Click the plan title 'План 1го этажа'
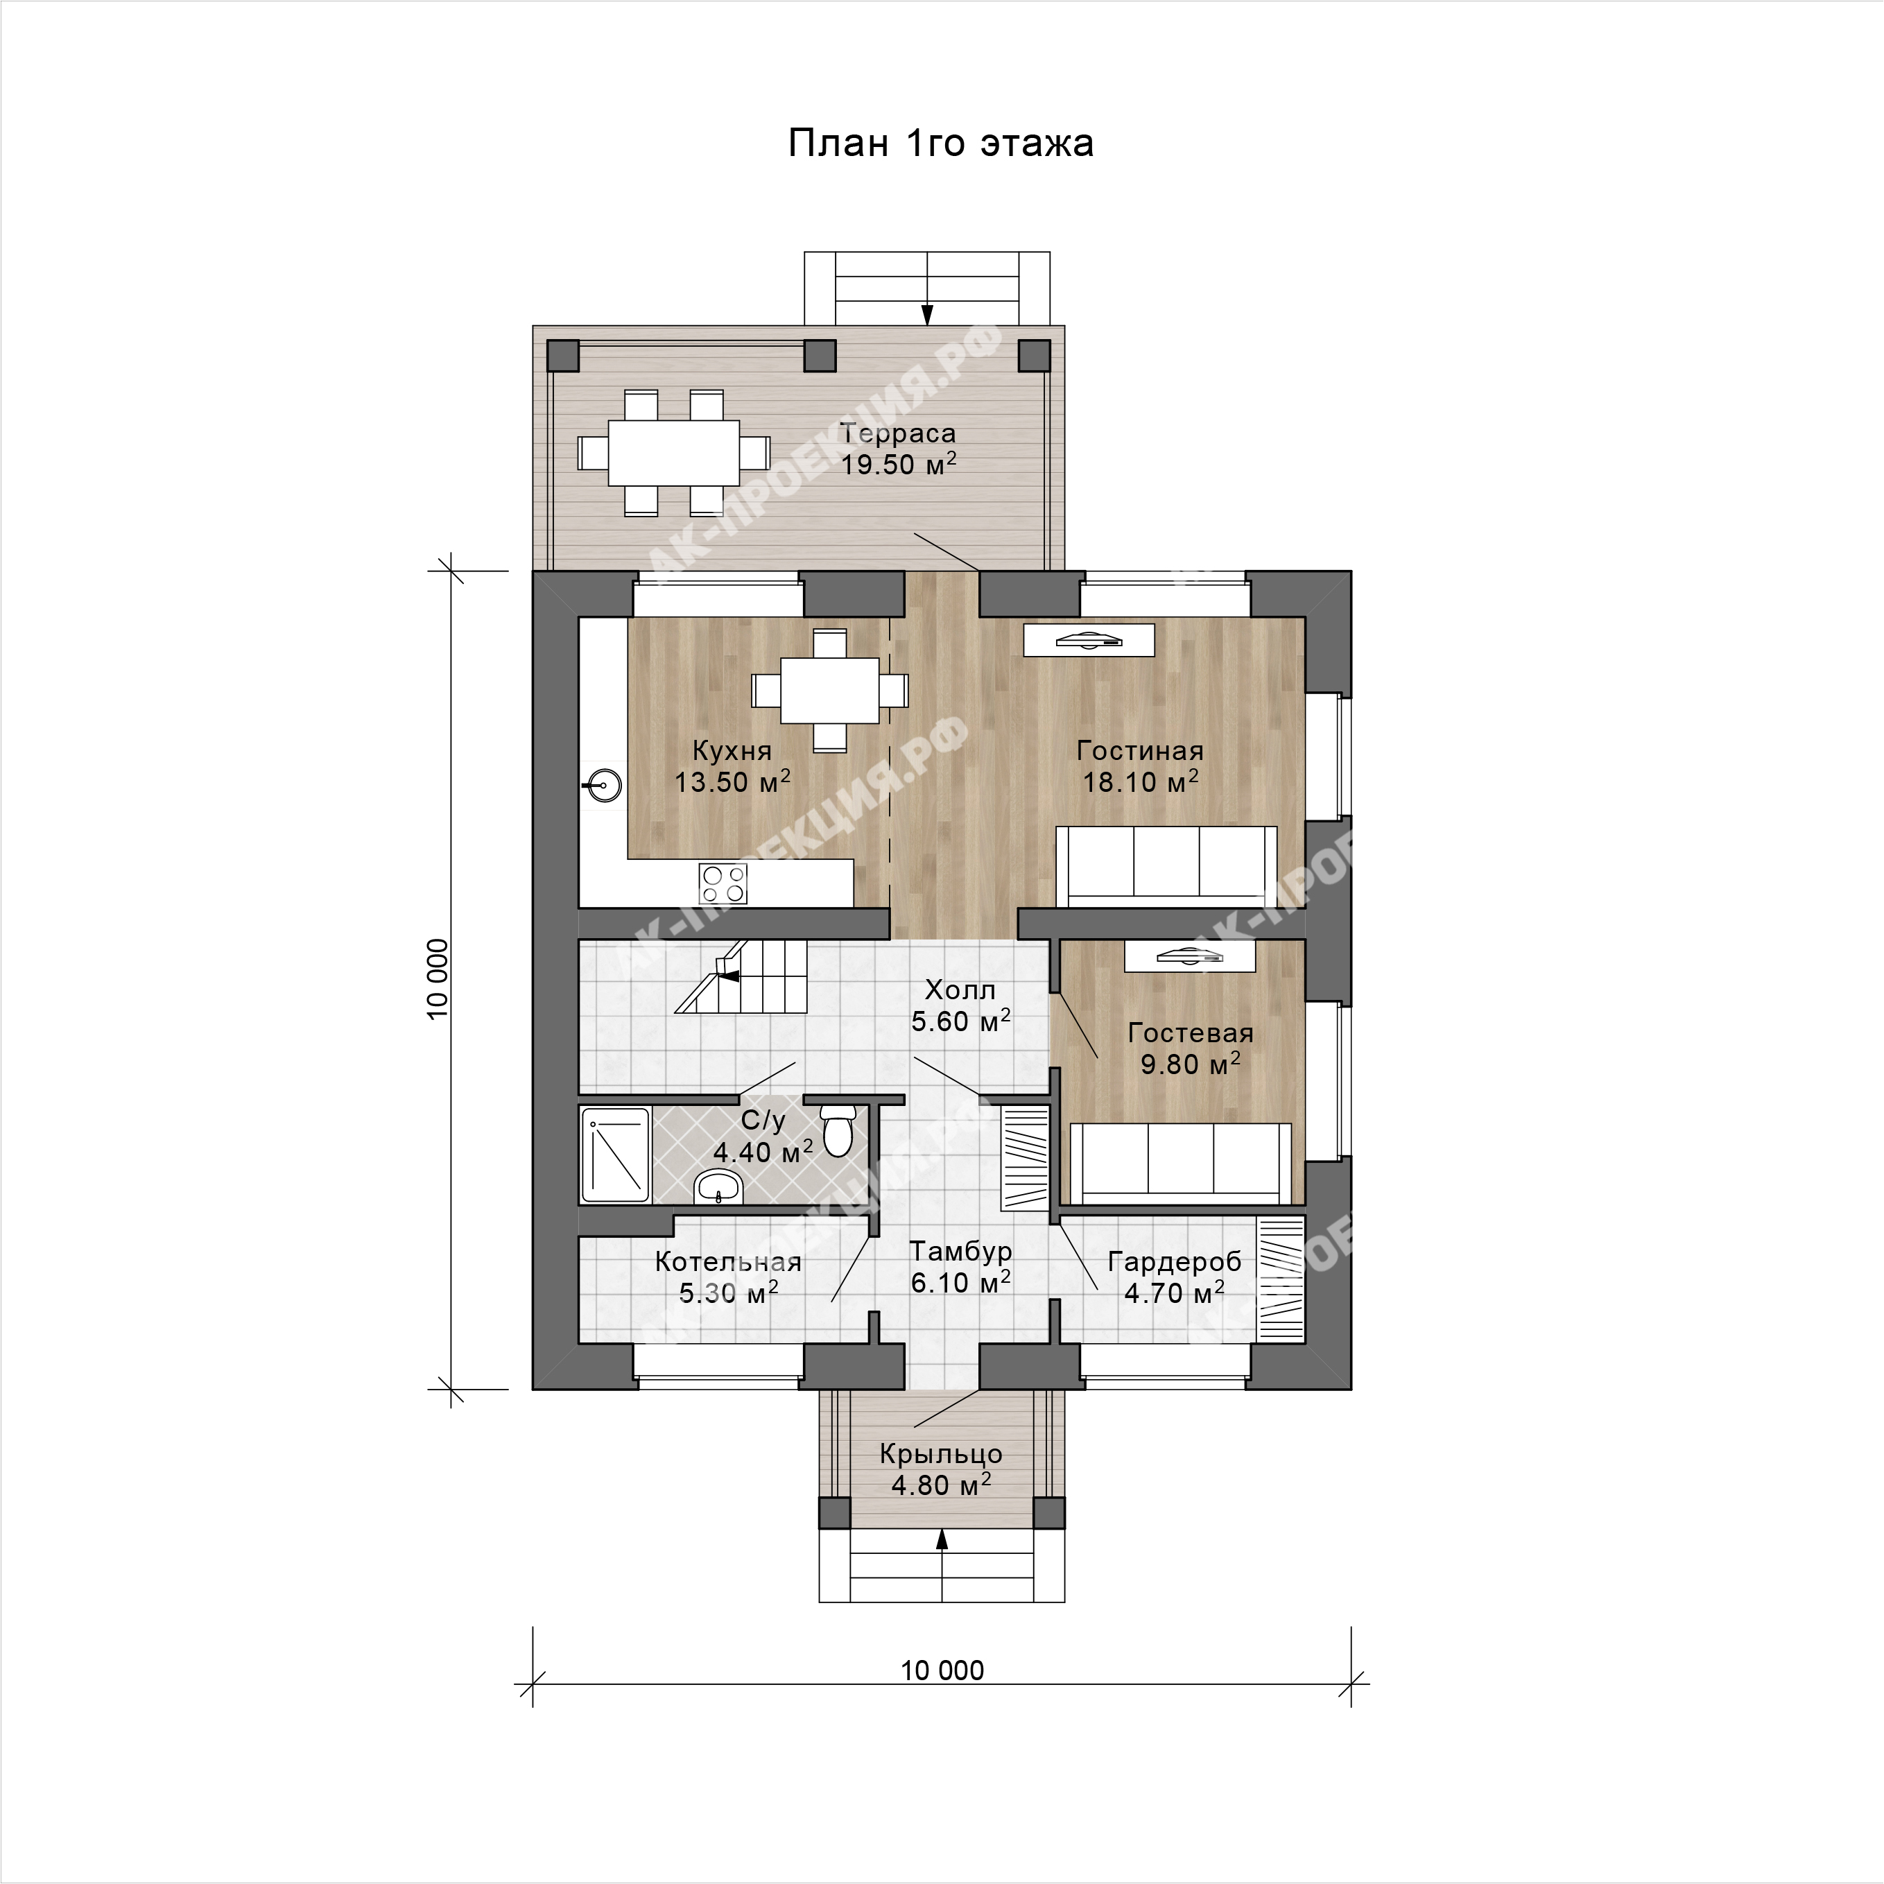coord(940,144)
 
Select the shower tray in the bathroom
coord(615,1155)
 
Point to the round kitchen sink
coord(605,785)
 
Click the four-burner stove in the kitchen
coord(723,883)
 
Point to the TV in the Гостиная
coord(1088,640)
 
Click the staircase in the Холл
coord(742,976)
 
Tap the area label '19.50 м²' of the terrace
coord(898,464)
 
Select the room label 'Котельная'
coord(727,1262)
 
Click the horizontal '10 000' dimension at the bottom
coord(942,1670)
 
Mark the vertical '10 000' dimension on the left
coord(438,979)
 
